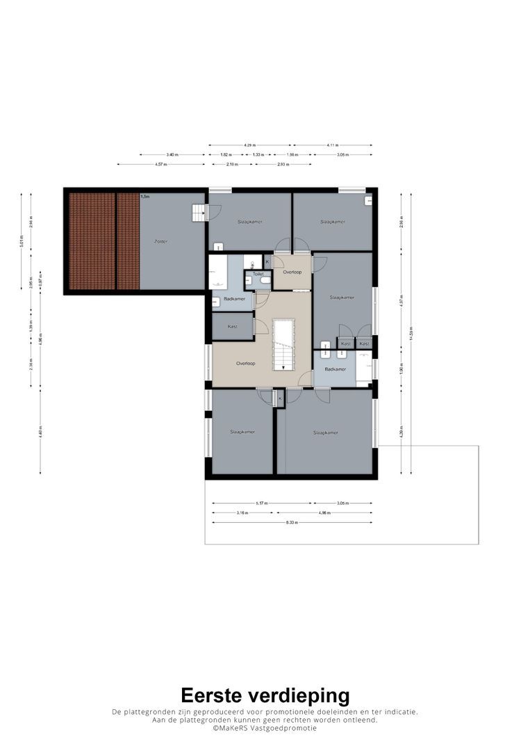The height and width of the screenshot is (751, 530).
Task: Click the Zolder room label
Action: (160, 241)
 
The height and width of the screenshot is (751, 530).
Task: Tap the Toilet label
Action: (258, 274)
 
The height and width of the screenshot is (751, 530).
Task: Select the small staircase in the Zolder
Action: (199, 212)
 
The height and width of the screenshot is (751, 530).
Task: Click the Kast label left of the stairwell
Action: (232, 326)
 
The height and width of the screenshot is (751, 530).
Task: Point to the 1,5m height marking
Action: (145, 197)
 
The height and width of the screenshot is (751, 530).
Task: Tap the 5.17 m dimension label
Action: (261, 503)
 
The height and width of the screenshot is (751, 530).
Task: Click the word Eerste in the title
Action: (217, 695)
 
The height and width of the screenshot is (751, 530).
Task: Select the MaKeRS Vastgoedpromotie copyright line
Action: (265, 728)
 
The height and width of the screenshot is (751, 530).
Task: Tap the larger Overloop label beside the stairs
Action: (245, 364)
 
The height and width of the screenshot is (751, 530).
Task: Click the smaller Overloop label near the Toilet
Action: (292, 272)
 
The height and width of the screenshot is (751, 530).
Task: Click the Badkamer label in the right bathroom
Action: (335, 369)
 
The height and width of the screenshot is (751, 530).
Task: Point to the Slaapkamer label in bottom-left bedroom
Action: (242, 432)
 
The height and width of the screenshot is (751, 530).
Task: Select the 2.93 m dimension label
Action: (282, 164)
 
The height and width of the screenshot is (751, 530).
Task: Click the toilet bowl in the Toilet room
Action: (264, 281)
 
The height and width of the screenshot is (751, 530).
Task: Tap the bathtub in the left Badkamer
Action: (218, 272)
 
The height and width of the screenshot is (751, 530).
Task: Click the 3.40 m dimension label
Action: (172, 154)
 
